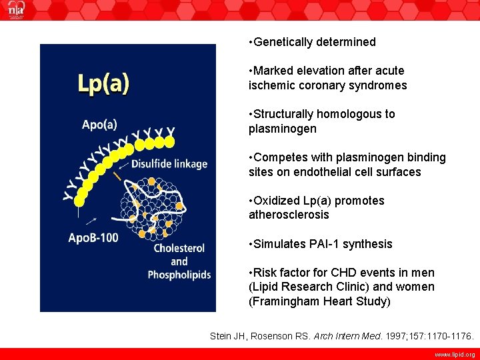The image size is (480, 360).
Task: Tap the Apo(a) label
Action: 99,124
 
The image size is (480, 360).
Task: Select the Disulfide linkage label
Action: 169,164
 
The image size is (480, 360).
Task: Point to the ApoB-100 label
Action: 93,238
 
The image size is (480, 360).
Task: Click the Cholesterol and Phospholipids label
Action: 179,261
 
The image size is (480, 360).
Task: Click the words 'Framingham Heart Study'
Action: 321,301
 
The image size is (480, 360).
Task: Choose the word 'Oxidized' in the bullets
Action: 275,201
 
